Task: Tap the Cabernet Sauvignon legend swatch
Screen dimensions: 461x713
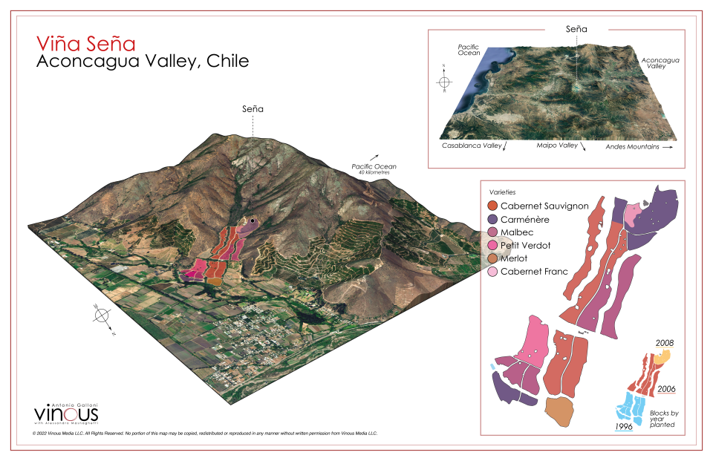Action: [492, 206]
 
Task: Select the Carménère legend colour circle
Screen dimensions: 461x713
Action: [492, 219]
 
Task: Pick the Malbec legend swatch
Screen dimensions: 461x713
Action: [492, 232]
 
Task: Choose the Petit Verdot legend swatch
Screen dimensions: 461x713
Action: [492, 246]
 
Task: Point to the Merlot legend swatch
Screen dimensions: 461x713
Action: [492, 258]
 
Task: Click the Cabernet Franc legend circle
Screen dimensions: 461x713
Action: [492, 272]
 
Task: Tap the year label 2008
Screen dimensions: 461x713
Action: [665, 343]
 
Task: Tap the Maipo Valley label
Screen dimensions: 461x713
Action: [557, 146]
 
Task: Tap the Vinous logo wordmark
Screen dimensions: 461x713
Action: [66, 413]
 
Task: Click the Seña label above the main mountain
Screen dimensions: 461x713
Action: [253, 108]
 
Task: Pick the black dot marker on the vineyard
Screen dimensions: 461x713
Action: [253, 221]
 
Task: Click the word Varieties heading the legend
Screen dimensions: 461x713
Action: [504, 192]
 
